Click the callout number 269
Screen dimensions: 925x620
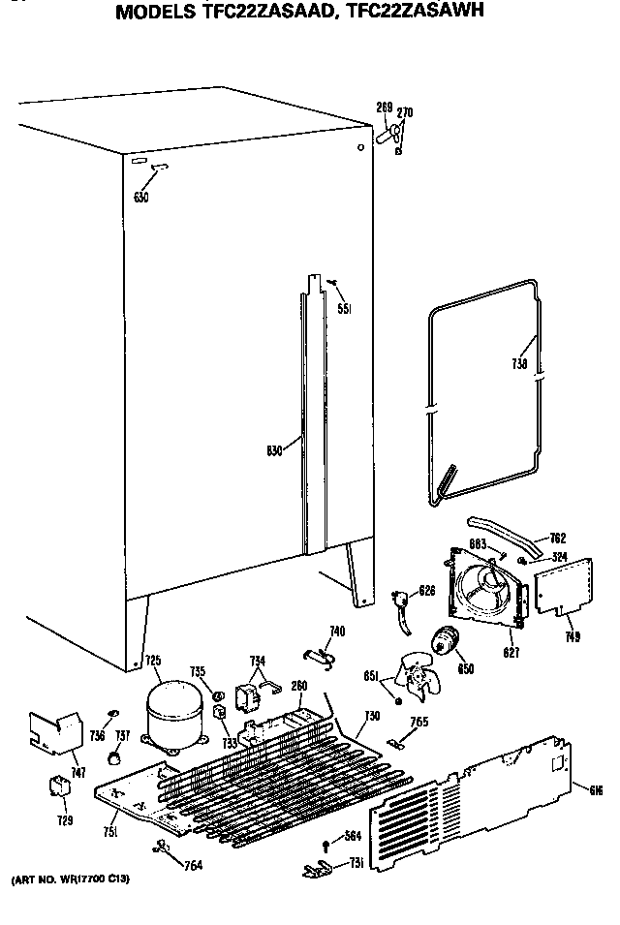[384, 107]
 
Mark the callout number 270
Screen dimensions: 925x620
[405, 112]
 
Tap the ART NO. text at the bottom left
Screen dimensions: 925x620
[69, 879]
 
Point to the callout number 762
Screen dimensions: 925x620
[556, 539]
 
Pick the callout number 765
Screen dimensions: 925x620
[418, 721]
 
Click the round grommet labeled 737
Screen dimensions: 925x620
[118, 756]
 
